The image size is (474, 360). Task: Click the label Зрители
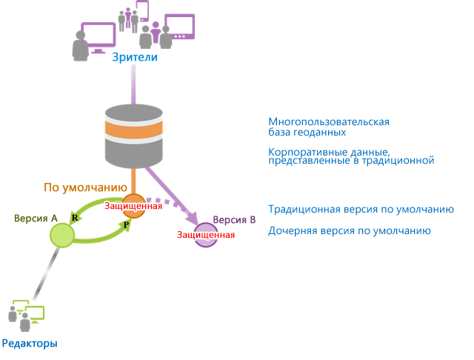tap(134, 57)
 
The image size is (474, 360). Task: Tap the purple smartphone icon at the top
tap(141, 10)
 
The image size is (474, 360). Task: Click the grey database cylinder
tap(133, 136)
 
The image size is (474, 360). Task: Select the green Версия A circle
tap(61, 236)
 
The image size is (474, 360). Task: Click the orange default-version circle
tap(133, 206)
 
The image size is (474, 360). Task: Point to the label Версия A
tap(36, 219)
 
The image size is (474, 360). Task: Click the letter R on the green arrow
tap(75, 217)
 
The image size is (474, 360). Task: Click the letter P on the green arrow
tap(126, 224)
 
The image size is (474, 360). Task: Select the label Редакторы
tap(30, 343)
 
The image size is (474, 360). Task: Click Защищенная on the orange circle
tap(133, 205)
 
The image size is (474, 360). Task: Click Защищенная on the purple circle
tap(206, 235)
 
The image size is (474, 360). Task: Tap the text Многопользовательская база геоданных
tap(328, 127)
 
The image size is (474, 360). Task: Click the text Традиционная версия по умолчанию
tap(360, 210)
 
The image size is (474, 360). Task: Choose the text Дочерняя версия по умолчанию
tap(349, 231)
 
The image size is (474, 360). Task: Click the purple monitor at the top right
tap(178, 26)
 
